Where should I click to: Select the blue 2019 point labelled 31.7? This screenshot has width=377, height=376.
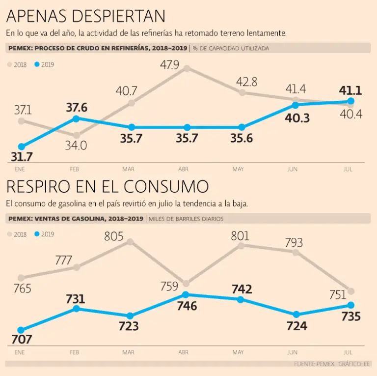21,146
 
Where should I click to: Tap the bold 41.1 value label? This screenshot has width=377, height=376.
350,90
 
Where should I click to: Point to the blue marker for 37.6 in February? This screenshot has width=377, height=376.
76,118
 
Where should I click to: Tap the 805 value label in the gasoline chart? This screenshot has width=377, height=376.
113,237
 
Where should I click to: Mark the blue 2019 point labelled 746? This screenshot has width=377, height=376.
186,294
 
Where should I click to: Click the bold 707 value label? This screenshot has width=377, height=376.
22,339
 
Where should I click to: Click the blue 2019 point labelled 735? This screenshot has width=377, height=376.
350,305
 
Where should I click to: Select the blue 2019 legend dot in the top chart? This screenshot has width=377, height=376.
36,64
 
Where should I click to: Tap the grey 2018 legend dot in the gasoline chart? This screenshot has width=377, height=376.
9,234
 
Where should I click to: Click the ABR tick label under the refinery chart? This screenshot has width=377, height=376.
184,169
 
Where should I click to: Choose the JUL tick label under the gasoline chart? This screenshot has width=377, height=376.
348,353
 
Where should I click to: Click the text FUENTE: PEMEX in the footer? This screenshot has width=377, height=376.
315,364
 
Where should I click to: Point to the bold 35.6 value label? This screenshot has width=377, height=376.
242,139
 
